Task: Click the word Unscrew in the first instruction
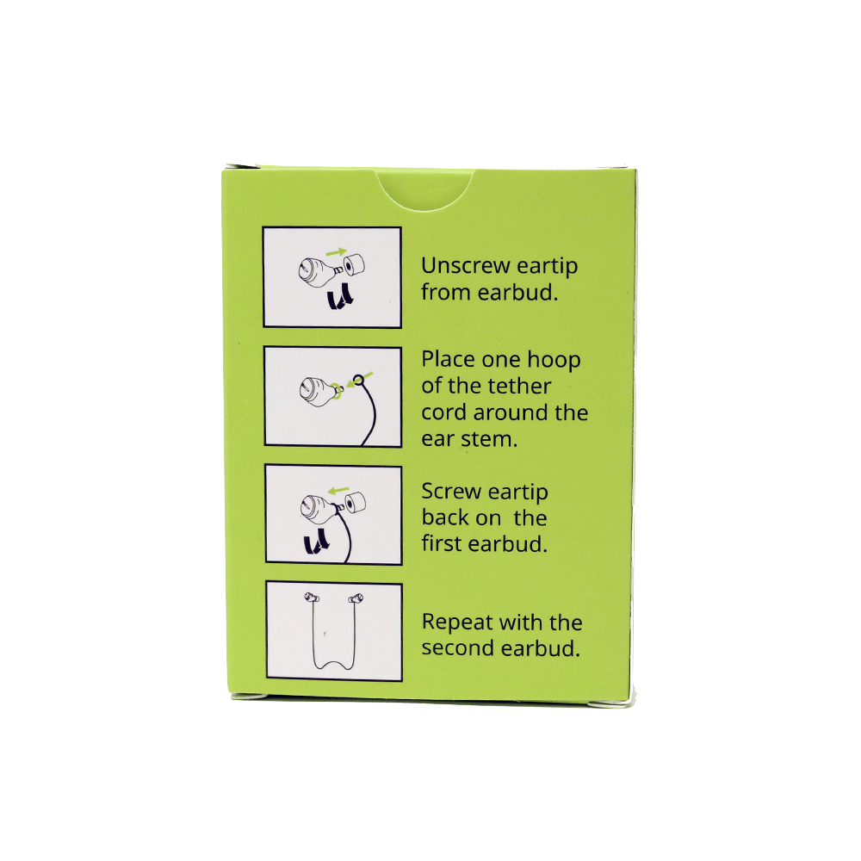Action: point(466,266)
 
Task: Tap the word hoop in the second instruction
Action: point(554,360)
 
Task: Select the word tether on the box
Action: point(517,386)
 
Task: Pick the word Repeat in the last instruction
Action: point(457,623)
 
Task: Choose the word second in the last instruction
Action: point(458,648)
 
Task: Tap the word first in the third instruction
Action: point(442,543)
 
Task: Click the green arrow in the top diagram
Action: point(336,252)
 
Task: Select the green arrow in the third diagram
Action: point(338,489)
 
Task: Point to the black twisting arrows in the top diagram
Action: point(340,296)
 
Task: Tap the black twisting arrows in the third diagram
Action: point(317,541)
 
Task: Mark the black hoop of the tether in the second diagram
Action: point(358,380)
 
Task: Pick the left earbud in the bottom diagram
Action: point(312,598)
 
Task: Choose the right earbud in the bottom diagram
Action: point(356,598)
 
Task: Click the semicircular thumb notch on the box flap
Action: point(425,193)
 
